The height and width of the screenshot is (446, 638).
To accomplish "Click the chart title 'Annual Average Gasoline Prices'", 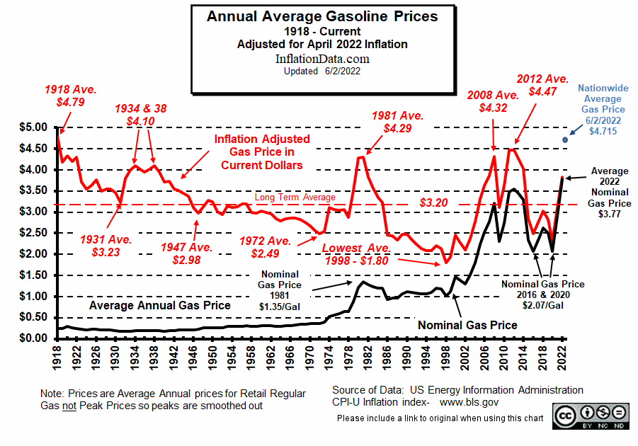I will pyautogui.click(x=322, y=16).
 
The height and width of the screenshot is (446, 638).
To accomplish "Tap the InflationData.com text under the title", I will pyautogui.click(x=322, y=58).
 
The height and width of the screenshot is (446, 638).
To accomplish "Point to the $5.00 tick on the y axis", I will pyautogui.click(x=33, y=127).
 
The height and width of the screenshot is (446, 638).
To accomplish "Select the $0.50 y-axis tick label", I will pyautogui.click(x=33, y=317).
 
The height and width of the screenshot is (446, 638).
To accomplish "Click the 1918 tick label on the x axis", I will pyautogui.click(x=60, y=354).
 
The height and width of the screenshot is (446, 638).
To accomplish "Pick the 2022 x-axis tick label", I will pyautogui.click(x=563, y=354).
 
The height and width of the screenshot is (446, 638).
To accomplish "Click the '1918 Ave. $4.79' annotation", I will pyautogui.click(x=69, y=96).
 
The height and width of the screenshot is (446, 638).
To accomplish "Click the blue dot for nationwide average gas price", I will pyautogui.click(x=565, y=139).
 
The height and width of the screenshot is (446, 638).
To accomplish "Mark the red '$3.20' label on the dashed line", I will pyautogui.click(x=433, y=202).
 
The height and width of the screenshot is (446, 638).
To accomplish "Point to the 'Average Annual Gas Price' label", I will pyautogui.click(x=159, y=306).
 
